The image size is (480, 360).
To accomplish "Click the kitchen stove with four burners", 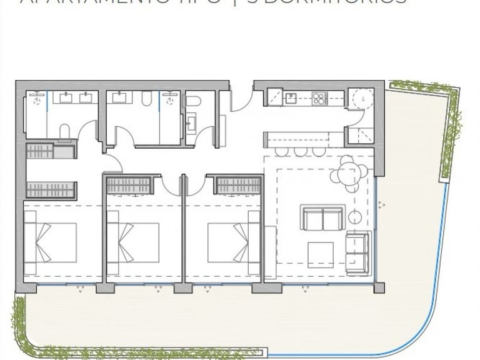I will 320,97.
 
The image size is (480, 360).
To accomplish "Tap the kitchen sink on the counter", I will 291,97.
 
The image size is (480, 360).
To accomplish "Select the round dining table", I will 349,172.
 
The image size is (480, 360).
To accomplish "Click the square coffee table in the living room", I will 320,254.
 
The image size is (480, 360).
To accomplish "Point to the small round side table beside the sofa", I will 356,217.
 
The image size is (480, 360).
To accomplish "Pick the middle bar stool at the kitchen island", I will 301,151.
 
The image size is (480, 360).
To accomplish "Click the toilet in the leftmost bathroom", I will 64,131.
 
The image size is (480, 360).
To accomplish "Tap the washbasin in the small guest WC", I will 190,124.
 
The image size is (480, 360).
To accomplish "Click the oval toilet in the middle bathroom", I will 147,98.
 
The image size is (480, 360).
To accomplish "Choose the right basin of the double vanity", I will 86,97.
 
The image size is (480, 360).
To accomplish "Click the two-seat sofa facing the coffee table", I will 322,217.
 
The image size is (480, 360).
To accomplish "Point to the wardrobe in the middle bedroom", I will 129,185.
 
